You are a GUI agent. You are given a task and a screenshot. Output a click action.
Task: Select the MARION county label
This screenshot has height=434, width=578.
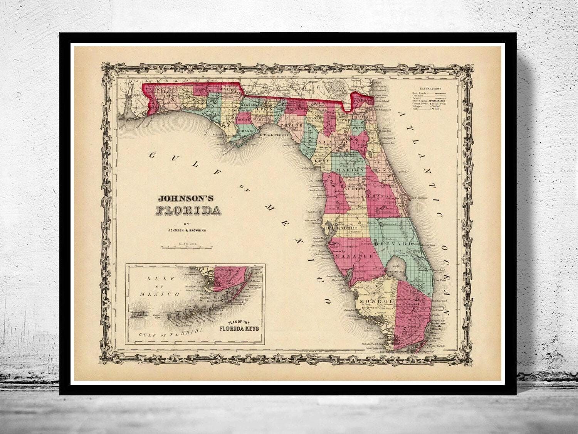coord(350,170)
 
